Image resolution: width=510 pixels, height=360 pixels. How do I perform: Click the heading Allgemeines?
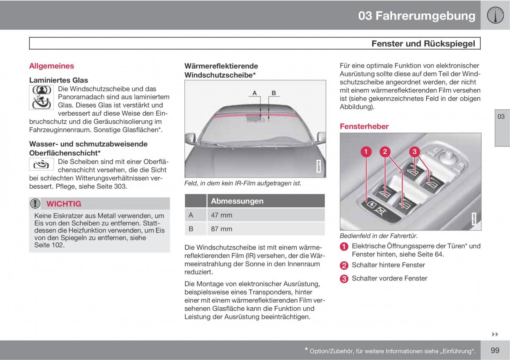pos(51,66)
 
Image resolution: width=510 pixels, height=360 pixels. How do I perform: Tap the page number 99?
pos(495,350)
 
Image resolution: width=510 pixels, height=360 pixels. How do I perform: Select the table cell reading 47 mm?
pos(221,215)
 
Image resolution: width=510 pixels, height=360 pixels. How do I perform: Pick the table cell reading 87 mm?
pos(221,229)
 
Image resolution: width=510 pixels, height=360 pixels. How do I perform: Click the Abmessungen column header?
pos(237,201)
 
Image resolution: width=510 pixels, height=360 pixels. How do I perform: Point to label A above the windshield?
pos(255,93)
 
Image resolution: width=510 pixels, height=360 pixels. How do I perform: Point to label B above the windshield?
pos(274,93)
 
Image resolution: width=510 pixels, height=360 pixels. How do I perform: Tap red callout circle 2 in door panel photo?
pos(385,152)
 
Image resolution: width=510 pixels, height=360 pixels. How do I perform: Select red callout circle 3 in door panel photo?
pos(414,152)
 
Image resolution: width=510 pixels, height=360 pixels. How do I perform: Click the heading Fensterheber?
pos(364,126)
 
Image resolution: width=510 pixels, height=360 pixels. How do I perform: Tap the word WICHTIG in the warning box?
pos(64,204)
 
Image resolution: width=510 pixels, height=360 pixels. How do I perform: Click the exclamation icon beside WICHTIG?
pos(35,204)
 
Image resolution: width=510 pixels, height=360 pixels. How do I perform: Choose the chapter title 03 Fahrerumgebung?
pos(416,16)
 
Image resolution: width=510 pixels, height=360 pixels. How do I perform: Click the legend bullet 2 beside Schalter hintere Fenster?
pos(344,266)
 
